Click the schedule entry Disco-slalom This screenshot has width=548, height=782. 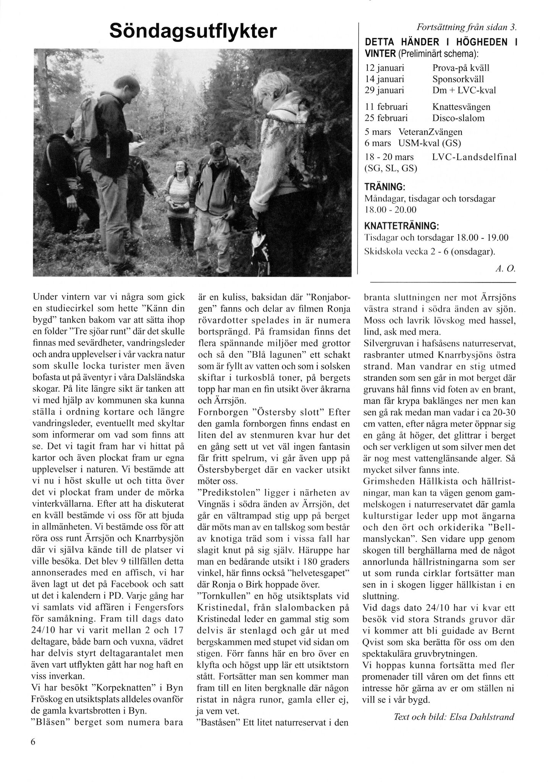tap(458, 118)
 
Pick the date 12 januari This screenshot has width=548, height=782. tap(385, 68)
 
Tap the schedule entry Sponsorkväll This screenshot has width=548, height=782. tap(458, 79)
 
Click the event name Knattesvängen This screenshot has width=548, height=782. tap(461, 107)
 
